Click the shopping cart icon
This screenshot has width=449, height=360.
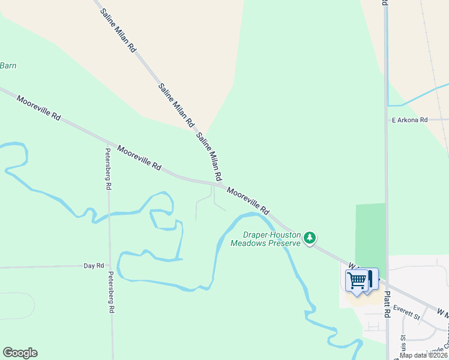[x=357, y=280]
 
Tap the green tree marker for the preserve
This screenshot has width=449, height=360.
[x=310, y=238]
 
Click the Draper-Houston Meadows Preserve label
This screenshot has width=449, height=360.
[x=265, y=239]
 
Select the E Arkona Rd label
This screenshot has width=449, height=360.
[x=409, y=120]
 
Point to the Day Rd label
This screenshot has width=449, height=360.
[x=94, y=265]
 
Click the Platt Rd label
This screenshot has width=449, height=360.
[x=387, y=304]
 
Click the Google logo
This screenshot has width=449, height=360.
[x=20, y=353]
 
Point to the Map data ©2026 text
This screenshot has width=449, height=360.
[x=423, y=355]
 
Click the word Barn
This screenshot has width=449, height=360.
[x=8, y=65]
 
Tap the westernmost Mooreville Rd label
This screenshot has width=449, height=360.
[x=39, y=109]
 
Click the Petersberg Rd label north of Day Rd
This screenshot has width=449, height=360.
[x=109, y=169]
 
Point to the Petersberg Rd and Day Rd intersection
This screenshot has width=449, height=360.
[x=110, y=265]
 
